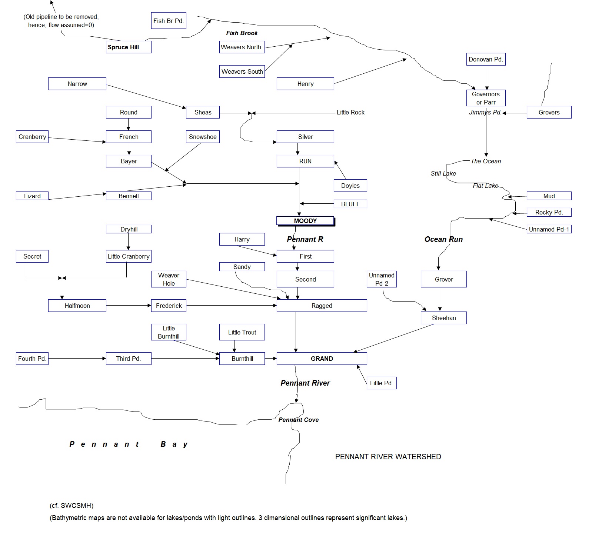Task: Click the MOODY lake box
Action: point(305,221)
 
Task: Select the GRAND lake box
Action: point(322,359)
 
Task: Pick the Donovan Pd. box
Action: point(486,59)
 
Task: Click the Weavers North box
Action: point(242,47)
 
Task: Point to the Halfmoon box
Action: point(77,306)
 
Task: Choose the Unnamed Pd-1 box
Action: point(549,229)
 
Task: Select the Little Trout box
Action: point(242,332)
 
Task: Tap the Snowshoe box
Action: point(203,137)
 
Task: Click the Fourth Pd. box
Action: point(32,359)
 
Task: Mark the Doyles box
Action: point(350,186)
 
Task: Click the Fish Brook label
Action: point(242,33)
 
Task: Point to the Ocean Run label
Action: point(443,239)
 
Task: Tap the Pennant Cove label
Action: point(299,420)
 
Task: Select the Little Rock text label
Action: point(350,112)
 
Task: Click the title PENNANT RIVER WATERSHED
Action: point(388,457)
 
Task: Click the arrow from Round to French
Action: point(129,124)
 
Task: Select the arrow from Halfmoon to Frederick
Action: point(129,306)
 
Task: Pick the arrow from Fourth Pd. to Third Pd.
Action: point(77,359)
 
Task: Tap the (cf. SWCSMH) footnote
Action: point(71,506)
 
